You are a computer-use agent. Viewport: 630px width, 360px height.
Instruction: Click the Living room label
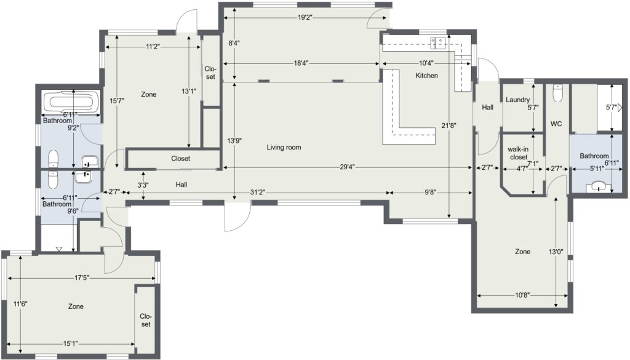click(x=284, y=148)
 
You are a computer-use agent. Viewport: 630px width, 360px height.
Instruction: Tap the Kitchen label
click(x=426, y=76)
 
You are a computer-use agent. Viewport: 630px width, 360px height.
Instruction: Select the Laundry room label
click(x=517, y=100)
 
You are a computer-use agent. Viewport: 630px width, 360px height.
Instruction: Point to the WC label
click(x=556, y=124)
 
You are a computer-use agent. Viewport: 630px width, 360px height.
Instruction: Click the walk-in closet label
click(x=518, y=153)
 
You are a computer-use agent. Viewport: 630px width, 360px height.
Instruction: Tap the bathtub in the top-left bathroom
click(x=70, y=102)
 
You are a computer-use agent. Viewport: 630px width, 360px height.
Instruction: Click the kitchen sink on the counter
click(x=439, y=42)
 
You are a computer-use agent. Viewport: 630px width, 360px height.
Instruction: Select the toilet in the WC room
click(x=557, y=93)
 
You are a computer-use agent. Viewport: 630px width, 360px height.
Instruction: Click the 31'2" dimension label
click(x=257, y=193)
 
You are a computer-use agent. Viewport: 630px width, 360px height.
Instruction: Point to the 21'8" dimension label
click(x=449, y=126)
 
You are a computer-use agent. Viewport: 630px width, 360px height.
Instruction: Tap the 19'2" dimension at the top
click(x=305, y=17)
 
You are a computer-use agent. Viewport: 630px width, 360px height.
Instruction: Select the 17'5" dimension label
click(x=81, y=278)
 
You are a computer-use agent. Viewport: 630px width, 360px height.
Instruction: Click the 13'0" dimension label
click(x=556, y=252)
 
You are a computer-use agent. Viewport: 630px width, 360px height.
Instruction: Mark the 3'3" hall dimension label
click(x=143, y=185)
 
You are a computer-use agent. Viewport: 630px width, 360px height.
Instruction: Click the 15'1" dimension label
click(x=70, y=343)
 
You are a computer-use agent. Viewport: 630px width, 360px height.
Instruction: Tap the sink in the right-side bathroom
click(x=599, y=186)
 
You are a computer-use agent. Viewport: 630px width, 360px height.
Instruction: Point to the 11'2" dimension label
click(x=153, y=47)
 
